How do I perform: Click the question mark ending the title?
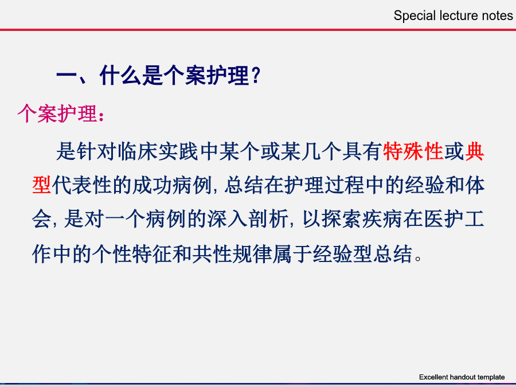256,75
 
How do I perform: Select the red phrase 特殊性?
413,151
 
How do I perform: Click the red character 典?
474,151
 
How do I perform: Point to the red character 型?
41,185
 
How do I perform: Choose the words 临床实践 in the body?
158,151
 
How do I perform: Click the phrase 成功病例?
171,185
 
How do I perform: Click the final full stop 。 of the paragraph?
419,257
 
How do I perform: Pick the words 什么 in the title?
120,75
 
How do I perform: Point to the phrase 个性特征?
132,254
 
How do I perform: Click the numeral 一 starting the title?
67,76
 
